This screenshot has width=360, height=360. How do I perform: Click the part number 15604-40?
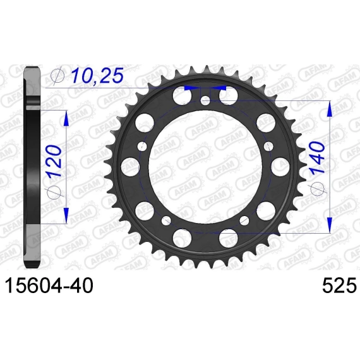[x=49, y=285]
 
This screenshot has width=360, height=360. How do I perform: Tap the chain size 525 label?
[x=340, y=285]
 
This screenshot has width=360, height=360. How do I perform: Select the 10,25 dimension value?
[x=97, y=76]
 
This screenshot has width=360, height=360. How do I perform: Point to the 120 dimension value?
[x=55, y=160]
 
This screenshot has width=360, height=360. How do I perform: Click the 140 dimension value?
[x=317, y=158]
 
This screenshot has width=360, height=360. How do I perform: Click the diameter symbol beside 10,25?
[x=58, y=76]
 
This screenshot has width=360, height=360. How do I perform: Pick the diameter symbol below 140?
[x=318, y=189]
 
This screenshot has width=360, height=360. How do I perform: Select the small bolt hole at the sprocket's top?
[x=205, y=100]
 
